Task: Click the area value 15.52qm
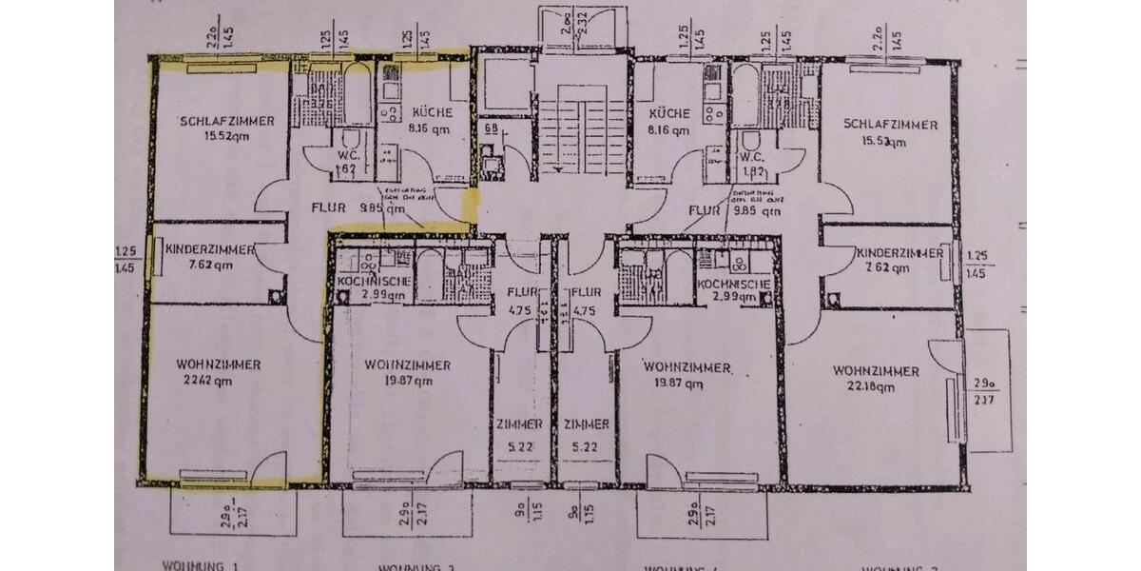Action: point(223,136)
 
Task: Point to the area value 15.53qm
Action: point(888,142)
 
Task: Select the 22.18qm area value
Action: point(873,386)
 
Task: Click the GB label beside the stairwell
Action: point(492,128)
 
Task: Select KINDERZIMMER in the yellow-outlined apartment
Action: point(209,249)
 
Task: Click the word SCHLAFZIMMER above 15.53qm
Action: point(889,125)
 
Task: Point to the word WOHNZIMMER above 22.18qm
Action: point(875,370)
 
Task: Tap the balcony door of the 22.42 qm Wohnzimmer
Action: point(269,468)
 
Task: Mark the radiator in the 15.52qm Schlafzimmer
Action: point(221,68)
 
